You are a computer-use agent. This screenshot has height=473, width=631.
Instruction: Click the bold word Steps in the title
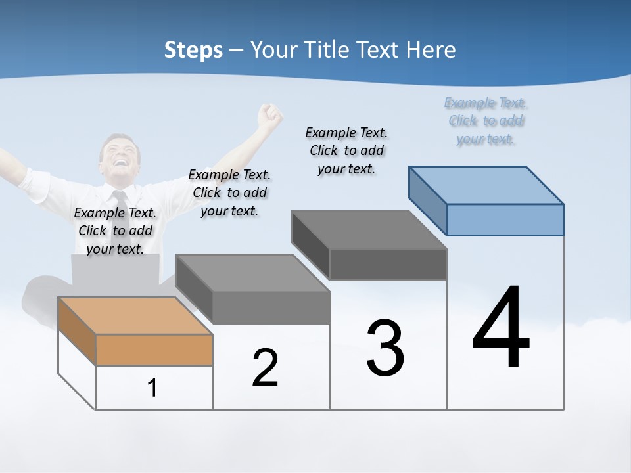pyautogui.click(x=193, y=50)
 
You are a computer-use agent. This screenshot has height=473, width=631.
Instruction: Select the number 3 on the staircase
pyautogui.click(x=385, y=348)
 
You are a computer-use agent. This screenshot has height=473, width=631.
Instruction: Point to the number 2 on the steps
pyautogui.click(x=265, y=368)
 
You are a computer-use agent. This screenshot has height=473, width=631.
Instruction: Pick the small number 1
pyautogui.click(x=152, y=388)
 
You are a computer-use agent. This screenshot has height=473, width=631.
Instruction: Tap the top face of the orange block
pyautogui.click(x=135, y=315)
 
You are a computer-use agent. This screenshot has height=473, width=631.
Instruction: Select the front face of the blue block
pyautogui.click(x=505, y=219)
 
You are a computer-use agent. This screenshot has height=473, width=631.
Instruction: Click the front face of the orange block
pyautogui.click(x=154, y=349)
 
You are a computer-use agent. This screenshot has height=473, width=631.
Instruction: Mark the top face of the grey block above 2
pyautogui.click(x=253, y=273)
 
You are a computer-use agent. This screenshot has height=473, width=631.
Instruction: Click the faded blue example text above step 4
pyautogui.click(x=486, y=121)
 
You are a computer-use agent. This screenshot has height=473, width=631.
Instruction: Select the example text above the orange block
pyautogui.click(x=115, y=231)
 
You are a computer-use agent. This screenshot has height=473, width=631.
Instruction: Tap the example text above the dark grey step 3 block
pyautogui.click(x=346, y=150)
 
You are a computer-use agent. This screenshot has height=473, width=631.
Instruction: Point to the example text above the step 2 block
pyautogui.click(x=229, y=192)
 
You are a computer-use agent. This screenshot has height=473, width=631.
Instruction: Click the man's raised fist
pyautogui.click(x=269, y=116)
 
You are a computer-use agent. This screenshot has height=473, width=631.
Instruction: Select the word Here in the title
pyautogui.click(x=431, y=50)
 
